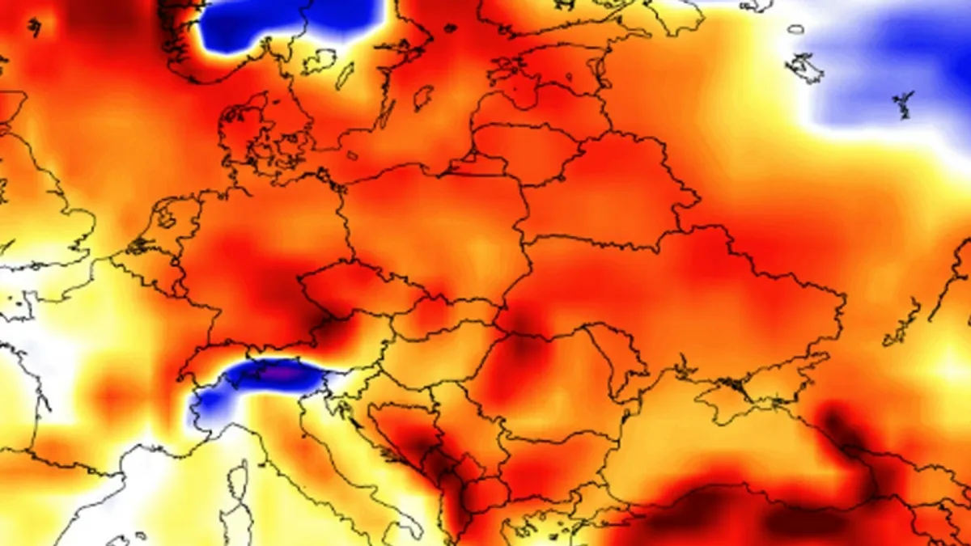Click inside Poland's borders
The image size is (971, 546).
point(437,226)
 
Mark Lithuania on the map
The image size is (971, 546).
point(518,150)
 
